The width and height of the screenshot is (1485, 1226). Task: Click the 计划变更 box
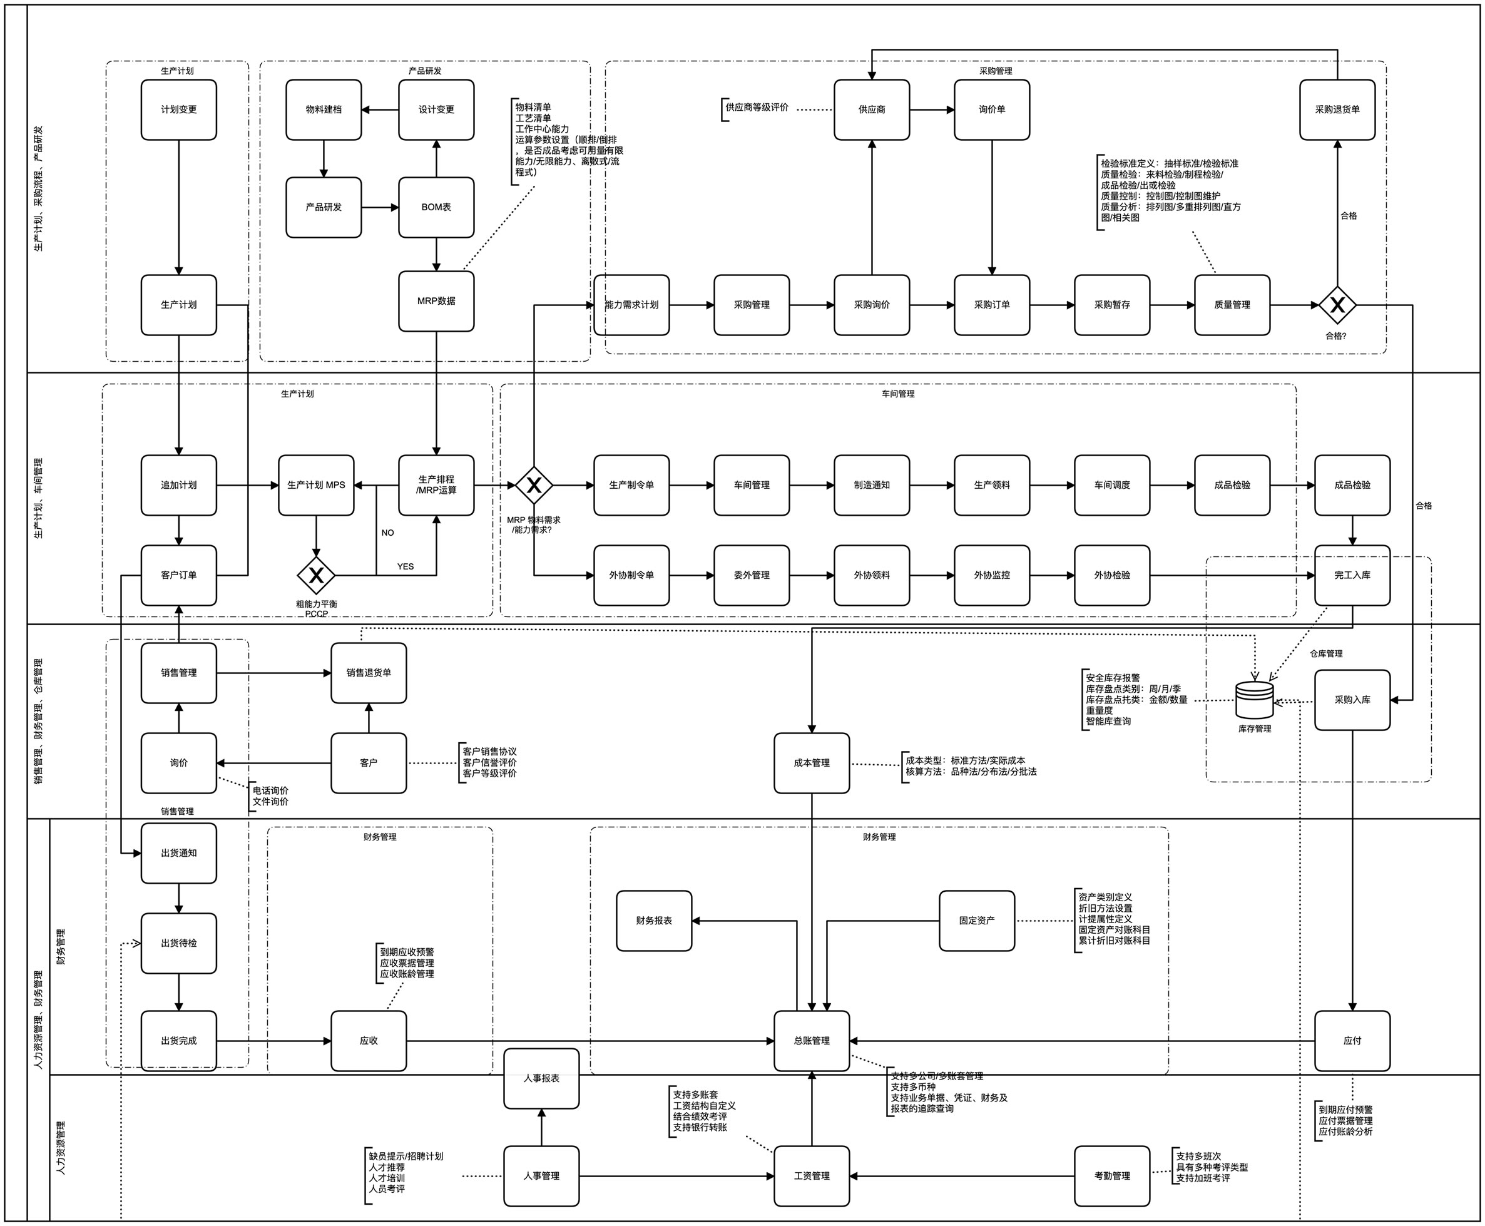[x=178, y=110]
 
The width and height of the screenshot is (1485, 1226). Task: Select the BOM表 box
[x=436, y=207]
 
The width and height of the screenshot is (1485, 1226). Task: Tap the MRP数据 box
[x=436, y=301]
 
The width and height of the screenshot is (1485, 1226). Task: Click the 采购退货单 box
[x=1337, y=110]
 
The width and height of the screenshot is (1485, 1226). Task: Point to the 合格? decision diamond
[x=1337, y=305]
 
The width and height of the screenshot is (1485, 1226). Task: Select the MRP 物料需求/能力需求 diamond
[x=534, y=485]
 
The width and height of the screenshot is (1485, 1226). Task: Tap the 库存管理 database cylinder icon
[x=1254, y=699]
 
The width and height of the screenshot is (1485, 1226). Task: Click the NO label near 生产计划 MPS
[x=387, y=533]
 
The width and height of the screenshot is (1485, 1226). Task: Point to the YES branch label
[x=406, y=566]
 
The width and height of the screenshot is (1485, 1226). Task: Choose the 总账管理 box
[x=812, y=1040]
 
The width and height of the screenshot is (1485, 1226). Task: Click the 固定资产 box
[x=977, y=920]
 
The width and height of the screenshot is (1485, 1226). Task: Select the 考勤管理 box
[x=1111, y=1176]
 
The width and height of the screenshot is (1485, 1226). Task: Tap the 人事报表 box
[x=541, y=1078]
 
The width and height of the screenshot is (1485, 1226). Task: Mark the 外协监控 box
[x=991, y=575]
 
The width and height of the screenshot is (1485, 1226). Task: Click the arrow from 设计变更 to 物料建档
[x=380, y=110]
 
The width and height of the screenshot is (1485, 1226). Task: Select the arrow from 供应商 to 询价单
[x=931, y=110]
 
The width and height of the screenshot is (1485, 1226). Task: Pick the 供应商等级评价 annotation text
[x=757, y=108]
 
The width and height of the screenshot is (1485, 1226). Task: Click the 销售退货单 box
[x=369, y=672]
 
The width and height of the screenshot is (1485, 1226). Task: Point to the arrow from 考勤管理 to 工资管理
[x=961, y=1176]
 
